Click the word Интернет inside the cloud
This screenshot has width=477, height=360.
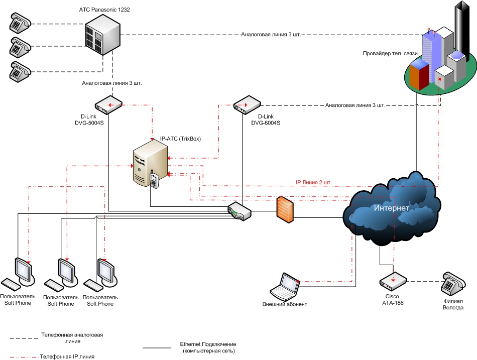coord(391,208)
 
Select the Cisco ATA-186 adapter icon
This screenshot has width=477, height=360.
coord(393,281)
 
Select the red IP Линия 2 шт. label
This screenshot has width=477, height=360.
coord(313,182)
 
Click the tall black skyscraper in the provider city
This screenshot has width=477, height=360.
coord(462,30)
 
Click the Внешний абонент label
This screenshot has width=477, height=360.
coord(284,304)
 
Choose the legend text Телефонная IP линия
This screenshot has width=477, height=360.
coord(67,356)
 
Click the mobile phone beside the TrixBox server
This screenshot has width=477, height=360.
coord(154,180)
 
